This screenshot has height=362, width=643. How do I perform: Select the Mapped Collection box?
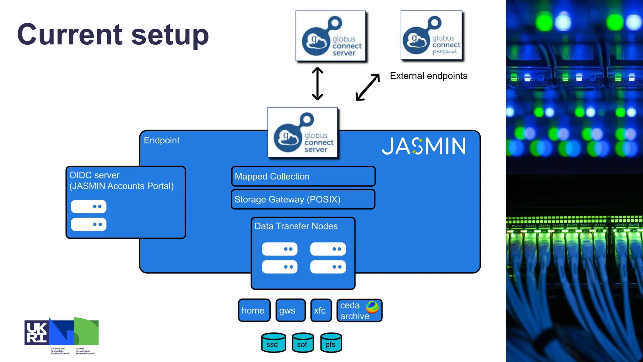tap(303, 176)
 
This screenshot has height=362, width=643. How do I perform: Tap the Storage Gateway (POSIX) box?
tap(303, 199)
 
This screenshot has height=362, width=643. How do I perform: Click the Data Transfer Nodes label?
tap(296, 226)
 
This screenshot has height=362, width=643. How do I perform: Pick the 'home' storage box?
tap(254, 310)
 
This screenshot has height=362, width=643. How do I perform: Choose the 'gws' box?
tap(290, 310)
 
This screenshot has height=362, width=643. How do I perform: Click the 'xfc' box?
tap(321, 310)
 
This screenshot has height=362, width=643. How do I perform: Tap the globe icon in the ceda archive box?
tap(372, 307)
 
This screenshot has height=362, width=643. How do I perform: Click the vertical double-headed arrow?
tap(317, 84)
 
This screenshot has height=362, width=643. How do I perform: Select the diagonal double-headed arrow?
tap(368, 87)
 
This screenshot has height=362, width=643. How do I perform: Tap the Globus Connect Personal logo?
tap(431, 35)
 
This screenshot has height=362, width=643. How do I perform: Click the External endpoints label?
tap(428, 76)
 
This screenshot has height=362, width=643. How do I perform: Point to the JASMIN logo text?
tap(424, 146)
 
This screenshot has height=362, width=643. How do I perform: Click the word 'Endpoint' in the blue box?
tap(161, 140)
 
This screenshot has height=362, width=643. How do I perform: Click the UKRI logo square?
tap(37, 333)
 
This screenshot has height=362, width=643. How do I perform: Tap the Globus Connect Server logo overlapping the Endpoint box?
tap(302, 133)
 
